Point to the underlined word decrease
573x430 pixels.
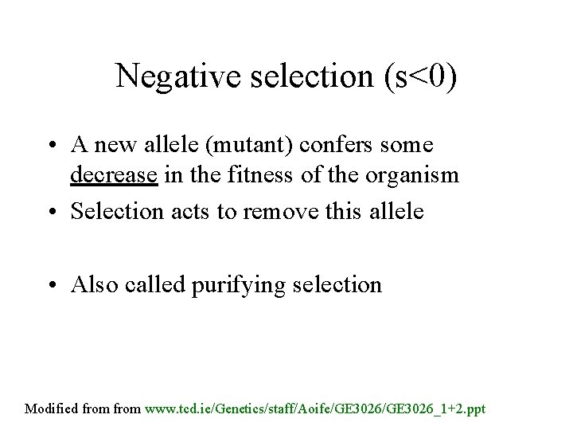coord(114,174)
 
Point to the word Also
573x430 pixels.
coord(92,284)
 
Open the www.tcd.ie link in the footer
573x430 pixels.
coord(318,408)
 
